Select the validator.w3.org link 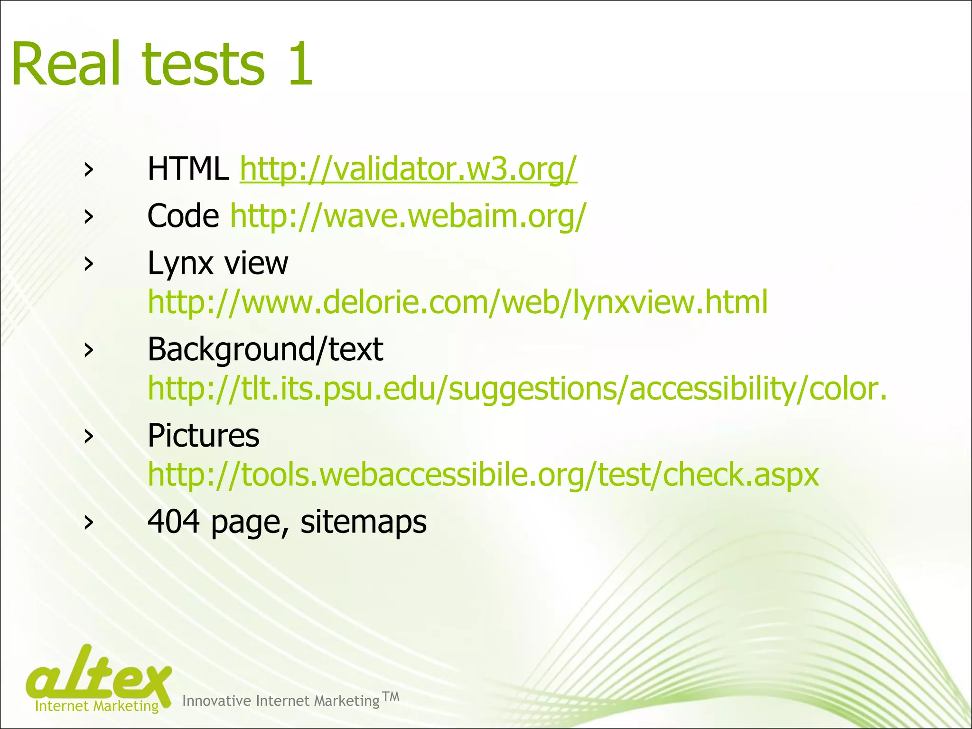coord(408,169)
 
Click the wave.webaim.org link coord(408,216)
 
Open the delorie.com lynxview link coord(458,302)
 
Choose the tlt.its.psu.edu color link coord(517,389)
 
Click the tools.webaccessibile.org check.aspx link coord(483,475)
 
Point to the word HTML coord(188,169)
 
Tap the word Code coord(183,216)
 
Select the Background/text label coord(265,350)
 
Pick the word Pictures coord(204,436)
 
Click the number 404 coord(174,522)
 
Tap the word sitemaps coord(364,522)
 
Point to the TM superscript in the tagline coord(391,696)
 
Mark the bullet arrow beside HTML coord(88,170)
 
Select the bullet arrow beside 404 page coord(88,522)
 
